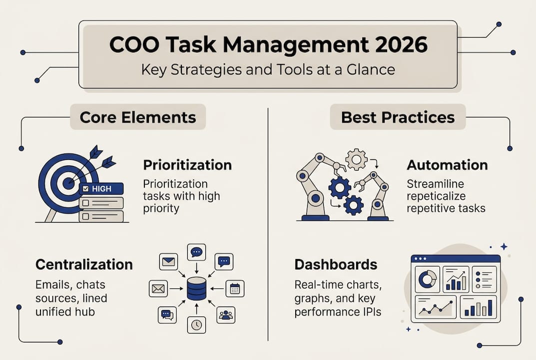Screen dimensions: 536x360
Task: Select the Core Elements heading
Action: (138, 117)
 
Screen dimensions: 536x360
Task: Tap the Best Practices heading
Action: (398, 117)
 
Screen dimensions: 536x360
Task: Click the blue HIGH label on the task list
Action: (101, 188)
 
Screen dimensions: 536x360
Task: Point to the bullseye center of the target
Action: (68, 183)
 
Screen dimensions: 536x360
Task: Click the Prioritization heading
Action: (187, 165)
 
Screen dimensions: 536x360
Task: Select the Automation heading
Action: (447, 165)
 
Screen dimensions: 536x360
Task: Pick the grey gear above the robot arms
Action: (356, 159)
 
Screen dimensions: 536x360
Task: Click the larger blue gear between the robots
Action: (340, 187)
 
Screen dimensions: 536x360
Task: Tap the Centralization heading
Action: (84, 264)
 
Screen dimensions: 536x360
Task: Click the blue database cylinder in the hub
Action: (196, 288)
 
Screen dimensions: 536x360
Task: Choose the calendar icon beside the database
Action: (235, 288)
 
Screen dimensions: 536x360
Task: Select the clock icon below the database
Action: (196, 325)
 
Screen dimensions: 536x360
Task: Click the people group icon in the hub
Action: (226, 315)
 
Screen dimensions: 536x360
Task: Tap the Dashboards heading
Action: (336, 264)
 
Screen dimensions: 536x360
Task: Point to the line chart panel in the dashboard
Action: (436, 306)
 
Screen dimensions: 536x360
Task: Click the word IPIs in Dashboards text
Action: (372, 311)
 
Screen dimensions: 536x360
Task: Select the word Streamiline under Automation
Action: (435, 184)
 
